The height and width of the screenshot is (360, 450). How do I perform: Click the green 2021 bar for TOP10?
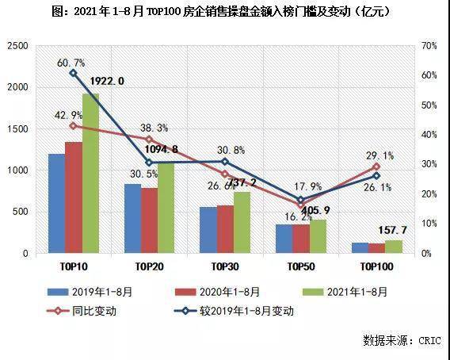click(x=90, y=174)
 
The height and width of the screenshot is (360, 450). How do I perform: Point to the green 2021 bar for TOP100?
click(x=394, y=247)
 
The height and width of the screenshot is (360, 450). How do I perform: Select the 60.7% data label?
click(x=71, y=62)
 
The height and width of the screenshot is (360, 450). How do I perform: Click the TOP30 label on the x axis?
click(x=226, y=268)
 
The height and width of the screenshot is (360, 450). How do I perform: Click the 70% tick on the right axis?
click(x=429, y=47)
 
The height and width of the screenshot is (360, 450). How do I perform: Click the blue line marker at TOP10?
click(x=73, y=73)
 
